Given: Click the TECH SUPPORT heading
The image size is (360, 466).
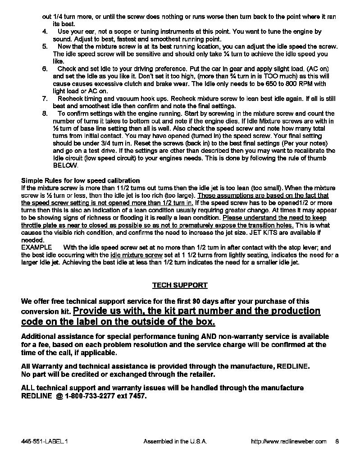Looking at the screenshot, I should [180, 285].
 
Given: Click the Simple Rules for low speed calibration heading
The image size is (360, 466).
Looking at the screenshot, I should [81, 181].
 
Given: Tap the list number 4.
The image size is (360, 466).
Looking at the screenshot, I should [45, 32].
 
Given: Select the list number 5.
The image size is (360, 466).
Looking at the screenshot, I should [45, 46].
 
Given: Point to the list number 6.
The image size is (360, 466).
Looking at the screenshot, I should [45, 69].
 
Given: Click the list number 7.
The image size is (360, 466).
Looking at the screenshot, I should [45, 98].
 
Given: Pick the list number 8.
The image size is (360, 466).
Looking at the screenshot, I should [45, 113].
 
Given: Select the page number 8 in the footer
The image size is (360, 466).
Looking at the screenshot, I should [337, 442].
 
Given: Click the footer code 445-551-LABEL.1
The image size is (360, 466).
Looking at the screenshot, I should [44, 442].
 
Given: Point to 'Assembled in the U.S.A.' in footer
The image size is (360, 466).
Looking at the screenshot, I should [175, 442].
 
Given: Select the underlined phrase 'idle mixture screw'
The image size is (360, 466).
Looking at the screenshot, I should [137, 255].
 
